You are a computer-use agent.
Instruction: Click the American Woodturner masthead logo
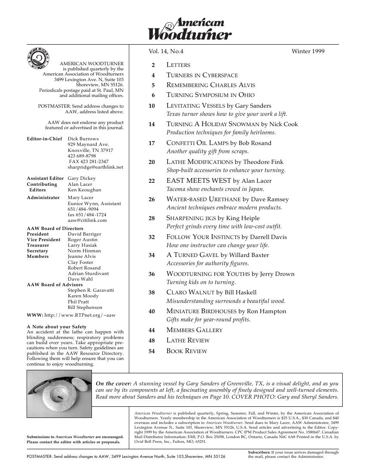(x=190, y=29)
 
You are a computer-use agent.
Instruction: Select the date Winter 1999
(x=308, y=51)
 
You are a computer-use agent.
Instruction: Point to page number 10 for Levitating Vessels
(x=152, y=106)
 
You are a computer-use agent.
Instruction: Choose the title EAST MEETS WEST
(x=198, y=181)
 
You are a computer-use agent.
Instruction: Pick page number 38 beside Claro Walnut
(x=152, y=293)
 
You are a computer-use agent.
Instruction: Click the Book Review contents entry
(x=186, y=351)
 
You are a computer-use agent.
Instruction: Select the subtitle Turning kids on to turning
(x=201, y=282)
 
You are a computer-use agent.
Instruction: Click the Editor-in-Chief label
(x=44, y=139)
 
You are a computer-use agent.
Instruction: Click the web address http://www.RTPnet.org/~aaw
(x=80, y=315)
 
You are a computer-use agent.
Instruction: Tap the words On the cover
(x=113, y=383)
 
